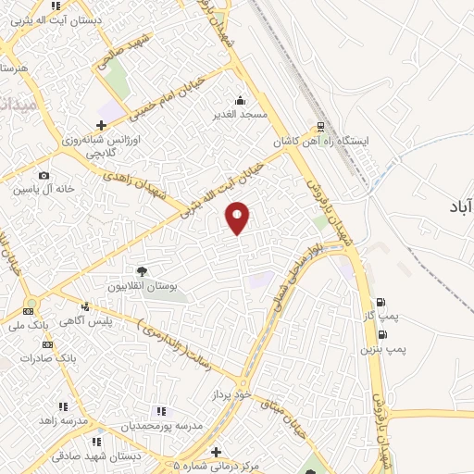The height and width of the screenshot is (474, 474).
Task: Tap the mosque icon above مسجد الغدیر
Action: tap(241, 100)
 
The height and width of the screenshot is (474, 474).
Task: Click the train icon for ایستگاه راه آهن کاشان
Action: tap(320, 128)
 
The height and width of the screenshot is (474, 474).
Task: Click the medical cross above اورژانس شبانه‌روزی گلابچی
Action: tap(102, 124)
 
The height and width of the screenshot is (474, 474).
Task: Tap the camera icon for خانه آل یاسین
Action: tap(44, 175)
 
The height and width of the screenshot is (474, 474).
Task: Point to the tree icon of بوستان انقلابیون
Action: tap(142, 271)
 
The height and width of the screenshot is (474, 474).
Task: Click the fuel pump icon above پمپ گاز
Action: tap(380, 302)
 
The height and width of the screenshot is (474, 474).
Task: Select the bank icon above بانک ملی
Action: tap(29, 311)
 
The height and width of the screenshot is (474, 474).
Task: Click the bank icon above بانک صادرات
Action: tap(47, 344)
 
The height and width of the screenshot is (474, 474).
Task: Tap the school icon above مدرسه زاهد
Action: tap(63, 405)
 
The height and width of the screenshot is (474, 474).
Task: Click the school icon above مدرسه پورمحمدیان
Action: tap(160, 411)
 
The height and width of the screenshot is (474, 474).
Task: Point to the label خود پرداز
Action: tap(232, 394)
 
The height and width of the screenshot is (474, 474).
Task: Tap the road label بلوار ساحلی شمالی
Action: tap(296, 273)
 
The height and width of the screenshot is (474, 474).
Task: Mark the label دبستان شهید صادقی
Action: tap(91, 455)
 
